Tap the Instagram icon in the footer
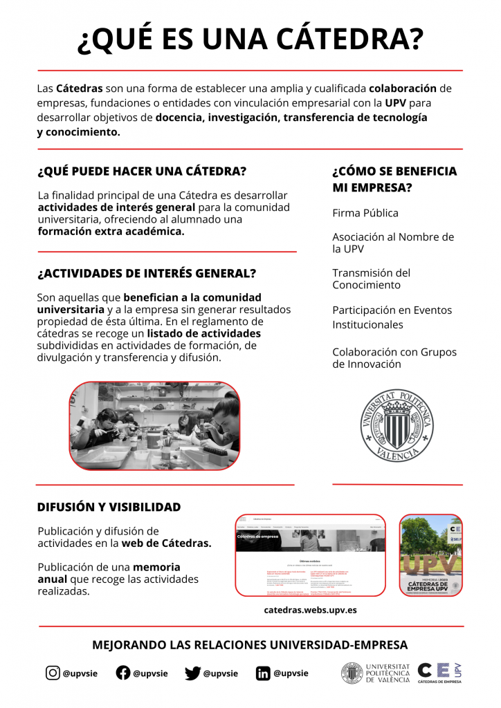[x=53, y=673]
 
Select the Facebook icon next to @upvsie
[x=123, y=673]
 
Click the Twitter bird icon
[x=193, y=673]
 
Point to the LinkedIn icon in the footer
[x=263, y=673]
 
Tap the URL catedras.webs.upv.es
[x=310, y=610]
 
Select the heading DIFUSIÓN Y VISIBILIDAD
[x=109, y=507]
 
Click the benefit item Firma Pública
[x=365, y=213]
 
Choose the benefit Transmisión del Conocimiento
[x=371, y=279]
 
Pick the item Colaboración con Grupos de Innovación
[x=394, y=357]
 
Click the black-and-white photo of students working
[x=155, y=426]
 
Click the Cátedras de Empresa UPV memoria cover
[x=430, y=555]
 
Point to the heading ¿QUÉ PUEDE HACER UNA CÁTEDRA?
[x=142, y=171]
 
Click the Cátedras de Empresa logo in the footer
[x=440, y=673]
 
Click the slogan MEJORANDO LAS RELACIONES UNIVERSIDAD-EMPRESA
[x=250, y=645]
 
